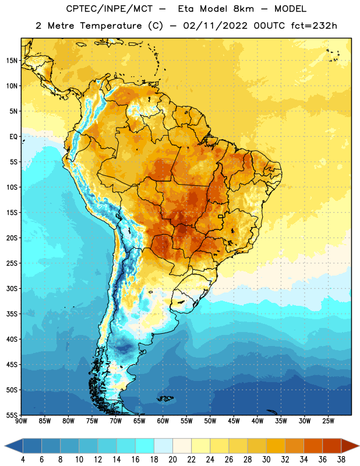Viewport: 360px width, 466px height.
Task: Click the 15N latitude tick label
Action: pyautogui.click(x=12, y=61)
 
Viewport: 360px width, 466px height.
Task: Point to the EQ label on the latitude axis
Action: pyautogui.click(x=13, y=137)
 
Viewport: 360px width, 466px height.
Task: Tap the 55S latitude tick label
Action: pyautogui.click(x=12, y=415)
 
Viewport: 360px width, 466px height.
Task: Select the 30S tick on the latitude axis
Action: pyautogui.click(x=12, y=288)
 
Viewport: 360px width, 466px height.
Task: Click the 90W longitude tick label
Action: pyautogui.click(x=21, y=421)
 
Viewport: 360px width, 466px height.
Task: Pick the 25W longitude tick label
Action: pyautogui.click(x=328, y=421)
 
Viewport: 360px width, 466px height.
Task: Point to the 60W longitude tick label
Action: pyautogui.click(x=163, y=421)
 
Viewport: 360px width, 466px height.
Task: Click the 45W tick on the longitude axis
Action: pyautogui.click(x=234, y=421)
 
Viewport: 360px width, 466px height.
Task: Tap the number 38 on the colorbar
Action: pyautogui.click(x=341, y=460)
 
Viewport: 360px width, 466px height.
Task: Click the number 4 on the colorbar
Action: pyautogui.click(x=23, y=460)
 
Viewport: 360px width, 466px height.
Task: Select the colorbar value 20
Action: pyautogui.click(x=172, y=460)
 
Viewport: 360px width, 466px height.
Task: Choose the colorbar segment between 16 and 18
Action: pyautogui.click(x=145, y=445)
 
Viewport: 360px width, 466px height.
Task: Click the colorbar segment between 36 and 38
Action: pyautogui.click(x=332, y=445)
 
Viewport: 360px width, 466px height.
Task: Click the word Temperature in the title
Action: pyautogui.click(x=111, y=26)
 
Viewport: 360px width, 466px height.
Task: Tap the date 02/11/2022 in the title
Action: pyautogui.click(x=215, y=26)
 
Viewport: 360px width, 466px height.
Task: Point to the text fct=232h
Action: pyautogui.click(x=314, y=26)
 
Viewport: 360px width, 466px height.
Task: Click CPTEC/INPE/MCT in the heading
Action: pyautogui.click(x=110, y=9)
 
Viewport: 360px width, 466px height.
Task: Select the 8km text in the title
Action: pyautogui.click(x=243, y=9)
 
